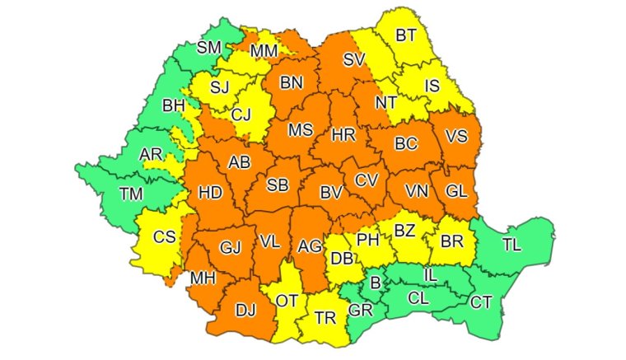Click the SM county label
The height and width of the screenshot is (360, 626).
pos(209,48)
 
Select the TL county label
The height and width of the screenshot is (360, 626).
pos(512,244)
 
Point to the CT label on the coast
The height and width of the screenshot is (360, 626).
pos(481,302)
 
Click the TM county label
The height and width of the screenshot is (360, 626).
pos(130,194)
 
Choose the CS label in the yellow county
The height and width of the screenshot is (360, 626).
pos(165,237)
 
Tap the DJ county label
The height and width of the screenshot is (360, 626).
pos(245,311)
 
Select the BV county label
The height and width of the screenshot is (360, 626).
pos(331,192)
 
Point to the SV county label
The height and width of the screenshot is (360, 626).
pos(354,59)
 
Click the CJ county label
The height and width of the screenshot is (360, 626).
pos(241,115)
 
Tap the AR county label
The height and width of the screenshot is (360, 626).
pos(151,155)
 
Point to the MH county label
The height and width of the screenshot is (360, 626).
pos(203,278)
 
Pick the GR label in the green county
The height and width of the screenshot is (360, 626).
pos(359,311)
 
